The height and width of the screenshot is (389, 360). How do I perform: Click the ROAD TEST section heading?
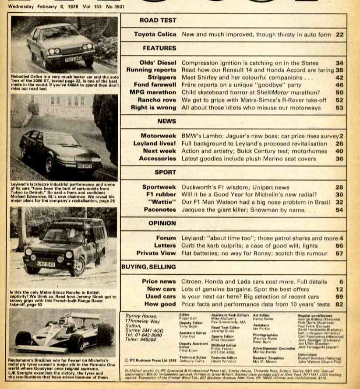pos(152,21)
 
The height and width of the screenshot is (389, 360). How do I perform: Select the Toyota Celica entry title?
pos(155,34)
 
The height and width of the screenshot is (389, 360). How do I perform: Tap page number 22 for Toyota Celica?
pos(339,34)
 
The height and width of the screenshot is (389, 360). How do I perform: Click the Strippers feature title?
pos(161,77)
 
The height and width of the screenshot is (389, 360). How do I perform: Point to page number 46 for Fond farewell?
pos(339,85)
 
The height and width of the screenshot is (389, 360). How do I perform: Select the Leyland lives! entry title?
pos(155,143)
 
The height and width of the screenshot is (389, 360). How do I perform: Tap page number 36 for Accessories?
pos(339,158)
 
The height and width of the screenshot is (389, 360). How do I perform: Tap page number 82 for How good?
pos(339,304)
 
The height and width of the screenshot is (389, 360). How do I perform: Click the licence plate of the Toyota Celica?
pos(74,59)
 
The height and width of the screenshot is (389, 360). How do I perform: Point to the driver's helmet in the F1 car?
pos(65,319)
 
